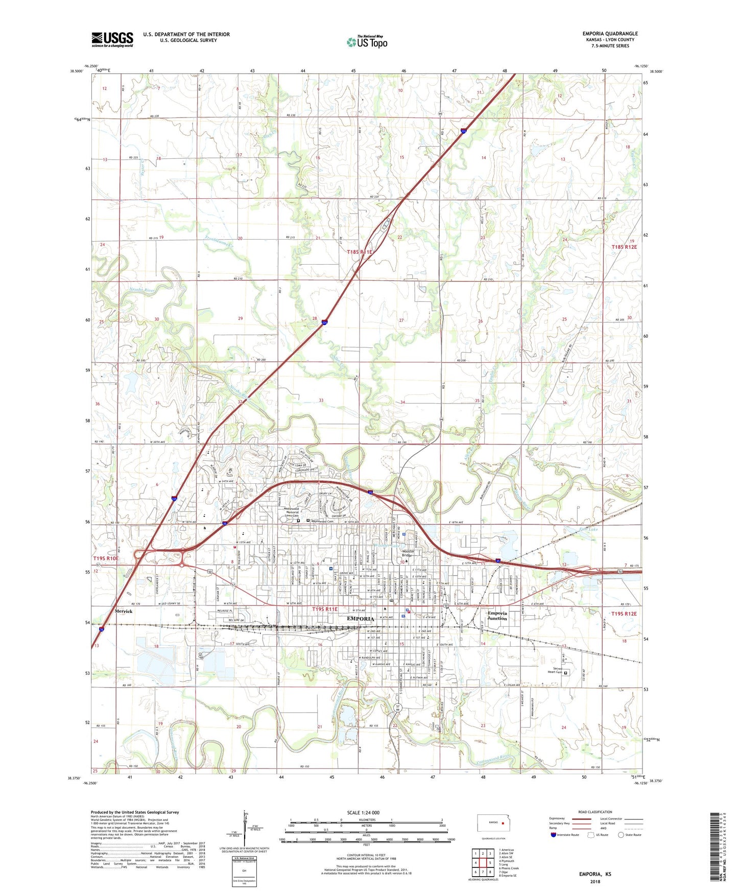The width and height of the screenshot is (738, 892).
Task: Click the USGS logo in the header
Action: [x=112, y=39]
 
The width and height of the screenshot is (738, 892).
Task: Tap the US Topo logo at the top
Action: [x=367, y=42]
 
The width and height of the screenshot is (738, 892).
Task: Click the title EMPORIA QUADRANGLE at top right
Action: [x=610, y=34]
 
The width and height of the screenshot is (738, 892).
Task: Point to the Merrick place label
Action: [x=124, y=611]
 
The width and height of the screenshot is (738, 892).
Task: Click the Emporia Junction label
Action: [x=497, y=616]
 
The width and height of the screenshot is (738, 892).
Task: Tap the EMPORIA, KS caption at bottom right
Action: [x=595, y=874]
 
